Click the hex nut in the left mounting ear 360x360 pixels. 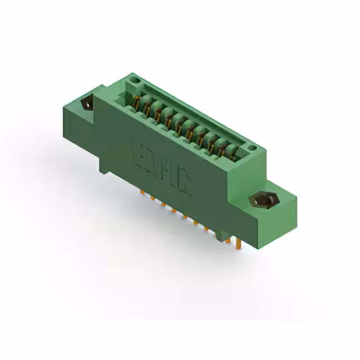click(87, 104)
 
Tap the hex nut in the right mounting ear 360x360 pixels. click(262, 200)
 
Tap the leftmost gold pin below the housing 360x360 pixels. click(142, 192)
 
